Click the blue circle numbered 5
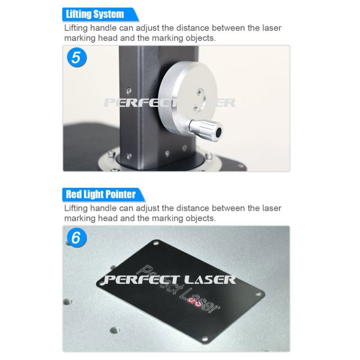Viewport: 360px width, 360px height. [77, 58]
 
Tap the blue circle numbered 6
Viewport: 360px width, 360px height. [77, 238]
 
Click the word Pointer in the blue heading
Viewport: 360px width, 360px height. [121, 194]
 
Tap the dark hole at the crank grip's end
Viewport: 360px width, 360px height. [218, 132]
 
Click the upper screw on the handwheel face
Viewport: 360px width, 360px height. [200, 92]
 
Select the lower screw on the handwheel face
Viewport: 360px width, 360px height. [195, 107]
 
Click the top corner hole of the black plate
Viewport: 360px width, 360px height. [156, 242]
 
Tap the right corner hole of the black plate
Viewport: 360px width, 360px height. [258, 294]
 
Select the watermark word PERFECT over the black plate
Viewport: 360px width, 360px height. [141, 280]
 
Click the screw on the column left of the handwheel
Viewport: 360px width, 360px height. [129, 91]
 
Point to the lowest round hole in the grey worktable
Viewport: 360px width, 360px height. [115, 331]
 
